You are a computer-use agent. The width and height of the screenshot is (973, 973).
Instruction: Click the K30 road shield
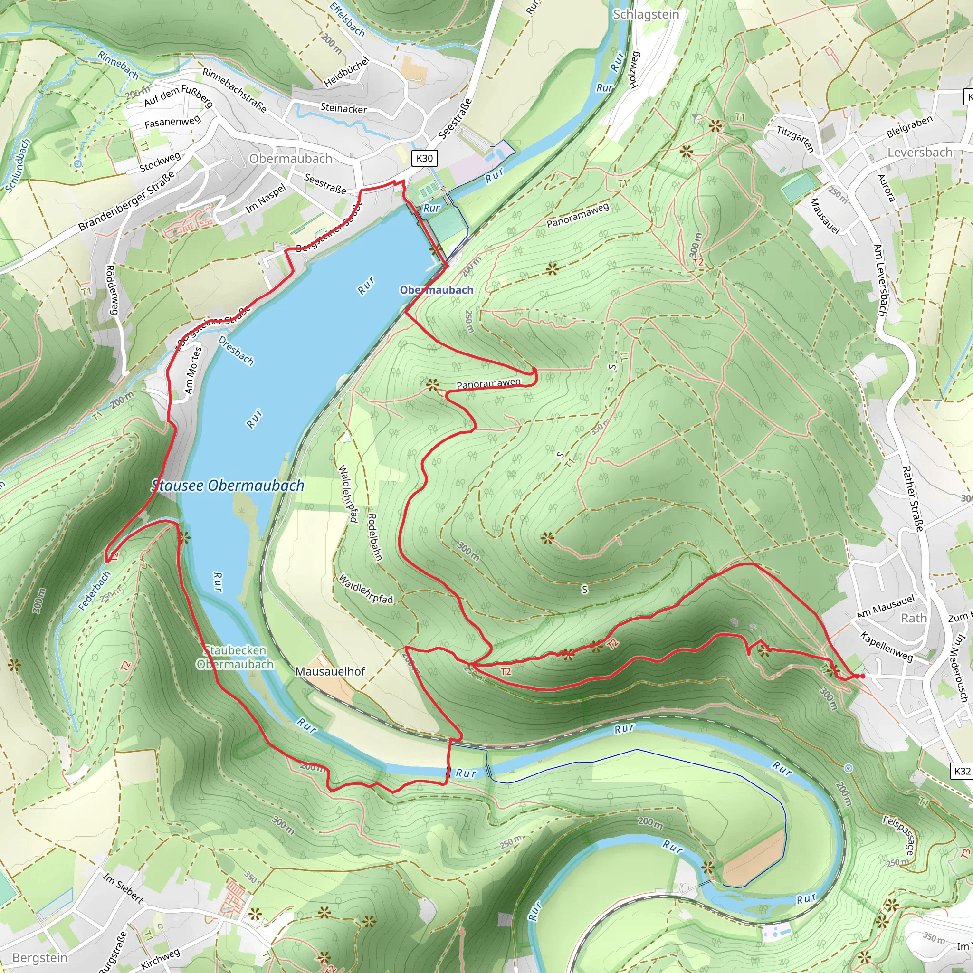tap(424, 158)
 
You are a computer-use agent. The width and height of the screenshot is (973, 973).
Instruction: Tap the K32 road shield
tap(962, 771)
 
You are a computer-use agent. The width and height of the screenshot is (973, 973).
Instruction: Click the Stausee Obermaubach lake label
tap(228, 486)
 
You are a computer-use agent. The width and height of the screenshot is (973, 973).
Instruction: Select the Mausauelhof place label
tap(330, 671)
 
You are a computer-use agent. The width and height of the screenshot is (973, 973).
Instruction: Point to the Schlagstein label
tap(646, 14)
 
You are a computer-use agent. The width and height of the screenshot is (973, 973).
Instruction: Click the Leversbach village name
tap(920, 152)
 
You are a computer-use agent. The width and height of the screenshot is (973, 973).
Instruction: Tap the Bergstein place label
tap(40, 957)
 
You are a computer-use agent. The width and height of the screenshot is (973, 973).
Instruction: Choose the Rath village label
tap(914, 618)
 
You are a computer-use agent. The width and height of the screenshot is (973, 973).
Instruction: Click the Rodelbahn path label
tap(375, 537)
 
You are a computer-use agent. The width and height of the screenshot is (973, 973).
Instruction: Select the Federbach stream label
tap(94, 591)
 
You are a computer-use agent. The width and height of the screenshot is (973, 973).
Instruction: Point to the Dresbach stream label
tap(236, 351)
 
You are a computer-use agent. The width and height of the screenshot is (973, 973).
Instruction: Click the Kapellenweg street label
tap(887, 646)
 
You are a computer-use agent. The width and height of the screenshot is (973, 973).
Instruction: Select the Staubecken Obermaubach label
tap(235, 657)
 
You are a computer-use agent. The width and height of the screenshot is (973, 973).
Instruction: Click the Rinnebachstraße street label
tap(234, 90)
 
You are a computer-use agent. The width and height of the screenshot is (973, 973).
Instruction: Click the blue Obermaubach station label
tap(436, 290)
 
